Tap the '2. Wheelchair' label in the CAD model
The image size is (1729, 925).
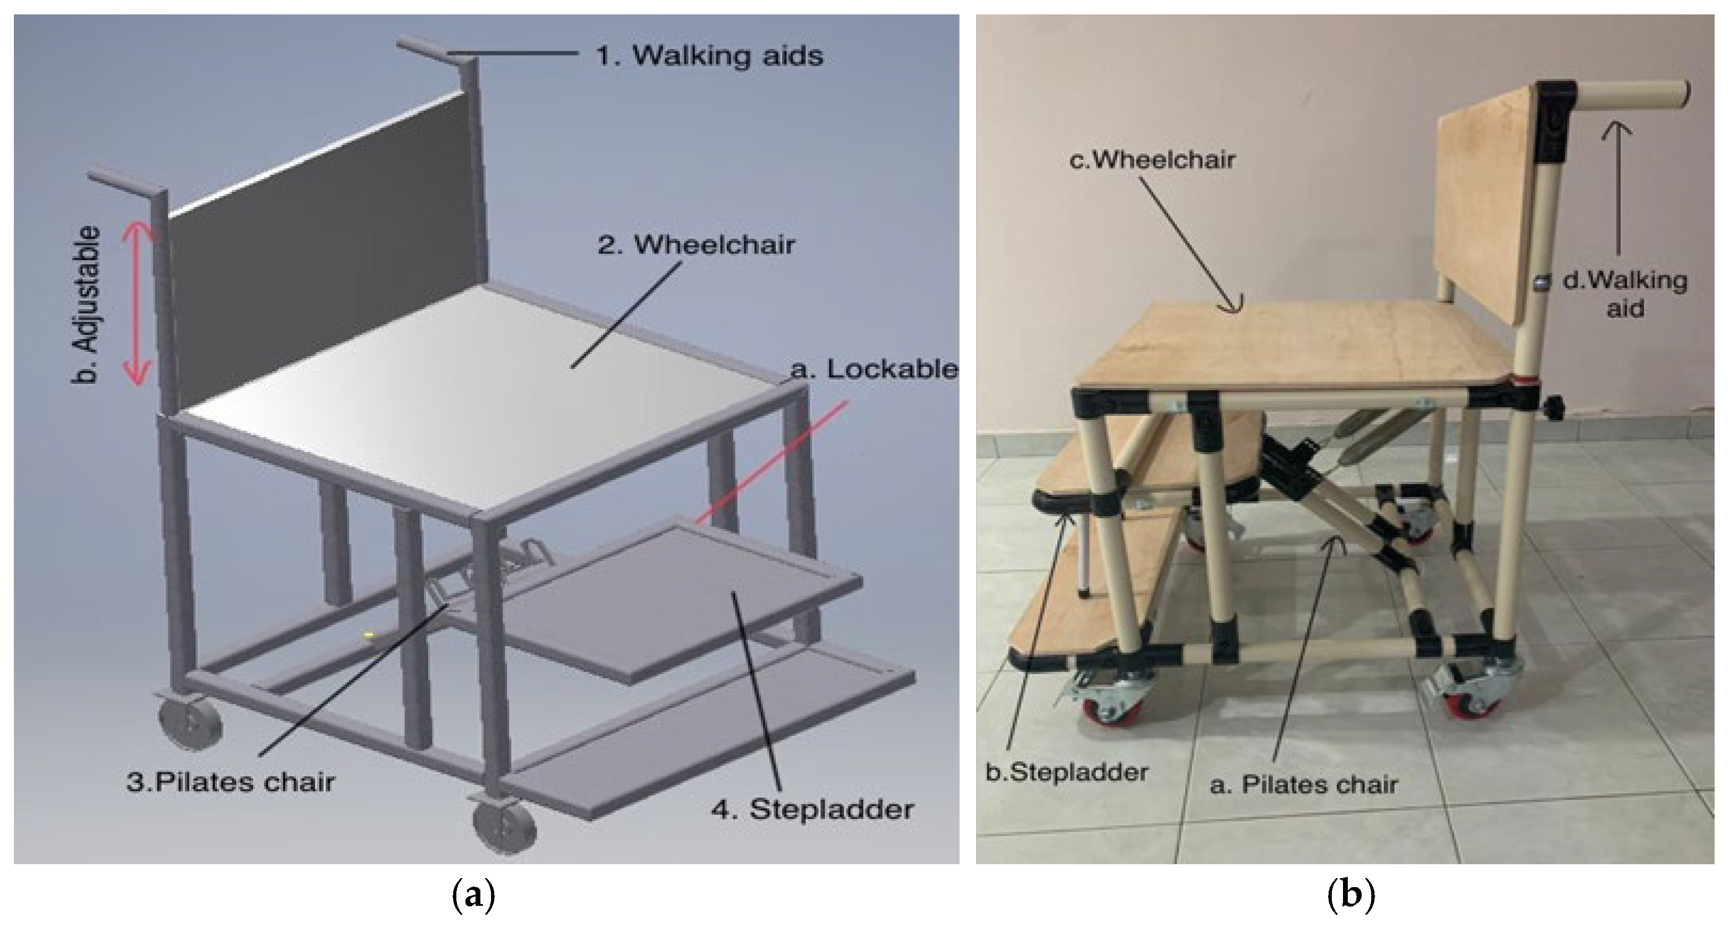(x=696, y=244)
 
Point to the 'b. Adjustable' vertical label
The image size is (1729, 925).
(x=86, y=305)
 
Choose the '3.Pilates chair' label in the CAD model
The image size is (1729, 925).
(x=230, y=782)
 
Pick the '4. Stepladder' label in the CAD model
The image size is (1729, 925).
(x=812, y=809)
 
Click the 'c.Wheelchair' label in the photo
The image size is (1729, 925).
(x=1152, y=160)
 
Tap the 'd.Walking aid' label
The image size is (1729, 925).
(x=1625, y=294)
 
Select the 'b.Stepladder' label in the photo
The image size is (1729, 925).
(x=1066, y=772)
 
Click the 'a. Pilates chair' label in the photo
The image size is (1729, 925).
(x=1304, y=784)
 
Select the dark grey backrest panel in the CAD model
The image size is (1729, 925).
(x=322, y=269)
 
